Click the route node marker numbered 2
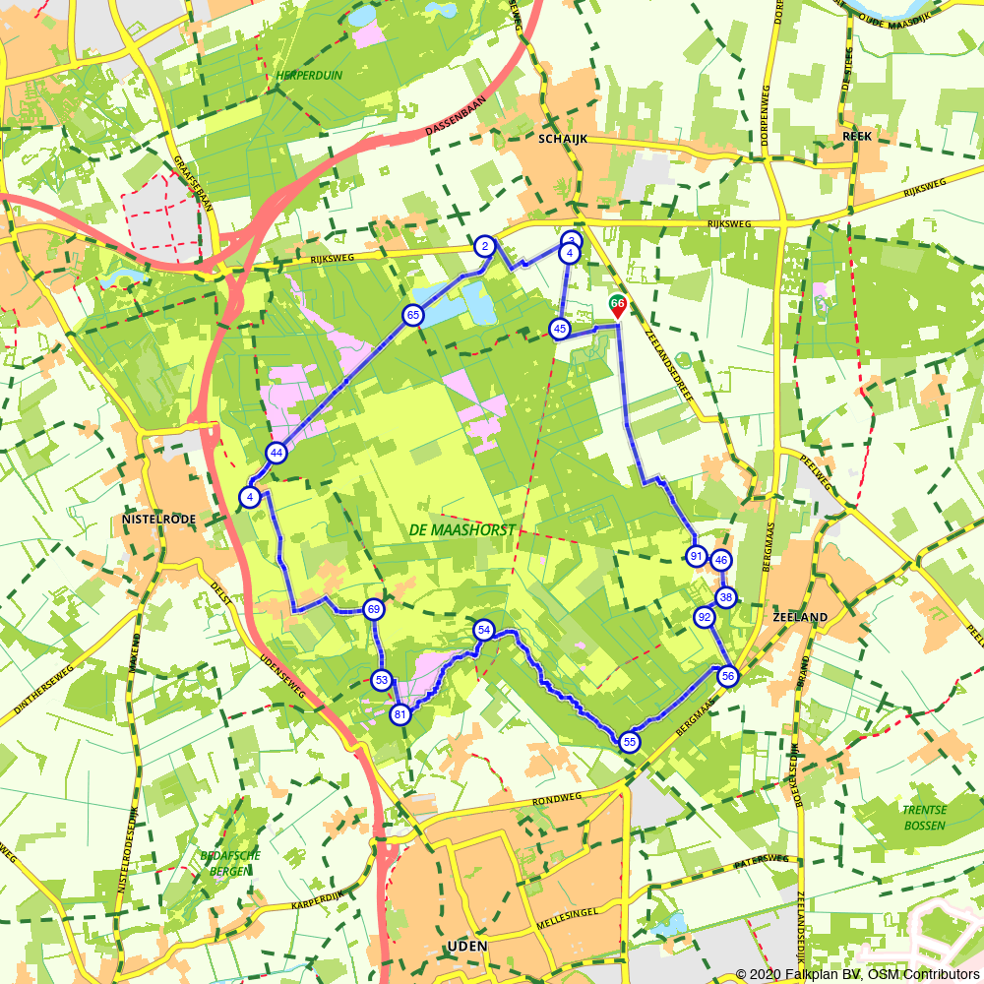(x=484, y=246)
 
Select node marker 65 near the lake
(x=412, y=316)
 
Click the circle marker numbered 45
(x=560, y=329)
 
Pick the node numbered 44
(x=276, y=453)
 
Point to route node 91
(x=697, y=556)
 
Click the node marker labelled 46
(x=721, y=560)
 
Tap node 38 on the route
(x=726, y=597)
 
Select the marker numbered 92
(x=704, y=618)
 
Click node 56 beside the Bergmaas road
(x=728, y=676)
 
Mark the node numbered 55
(x=630, y=743)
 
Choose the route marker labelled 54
(x=483, y=630)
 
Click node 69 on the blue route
(x=373, y=609)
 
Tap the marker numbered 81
(x=400, y=714)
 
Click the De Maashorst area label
(x=461, y=529)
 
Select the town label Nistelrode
(x=159, y=519)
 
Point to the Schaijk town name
(x=563, y=140)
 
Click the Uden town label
(x=466, y=947)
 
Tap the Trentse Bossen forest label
(x=924, y=817)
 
